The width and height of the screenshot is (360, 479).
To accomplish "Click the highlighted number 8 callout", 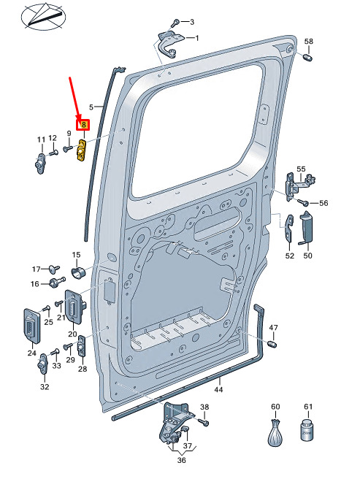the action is (x=83, y=125).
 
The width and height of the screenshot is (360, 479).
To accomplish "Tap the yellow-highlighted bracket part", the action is (x=81, y=150).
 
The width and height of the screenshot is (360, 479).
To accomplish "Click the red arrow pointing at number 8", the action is (x=75, y=99).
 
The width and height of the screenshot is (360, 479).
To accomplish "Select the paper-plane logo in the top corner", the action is (x=43, y=16).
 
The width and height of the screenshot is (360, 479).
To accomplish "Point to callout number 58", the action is (x=309, y=41).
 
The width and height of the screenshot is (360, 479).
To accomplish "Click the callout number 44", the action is (x=218, y=389).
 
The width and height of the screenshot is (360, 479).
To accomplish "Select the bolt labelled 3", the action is (x=176, y=23).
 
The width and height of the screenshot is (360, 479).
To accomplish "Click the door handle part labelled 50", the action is (x=306, y=228).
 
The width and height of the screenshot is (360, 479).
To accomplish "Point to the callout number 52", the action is (x=289, y=256).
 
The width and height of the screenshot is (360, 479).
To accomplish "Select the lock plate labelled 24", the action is (x=32, y=326).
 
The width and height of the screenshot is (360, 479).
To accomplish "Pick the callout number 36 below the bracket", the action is (x=182, y=460).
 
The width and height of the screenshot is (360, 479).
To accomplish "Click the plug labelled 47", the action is (x=272, y=344).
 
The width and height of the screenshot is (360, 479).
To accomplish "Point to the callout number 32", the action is (x=45, y=387).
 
